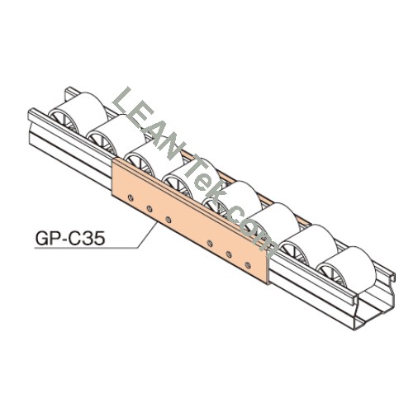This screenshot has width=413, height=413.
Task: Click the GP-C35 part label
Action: point(70,238)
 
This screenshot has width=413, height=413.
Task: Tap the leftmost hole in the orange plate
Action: point(131,197)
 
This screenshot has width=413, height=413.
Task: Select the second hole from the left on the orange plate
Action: point(150,208)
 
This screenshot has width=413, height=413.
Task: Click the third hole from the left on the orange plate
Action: point(169,220)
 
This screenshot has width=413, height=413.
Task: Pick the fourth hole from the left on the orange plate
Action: point(210,243)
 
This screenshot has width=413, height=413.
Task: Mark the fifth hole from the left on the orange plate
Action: point(229,254)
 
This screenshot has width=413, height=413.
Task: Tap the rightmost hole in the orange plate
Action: point(248,265)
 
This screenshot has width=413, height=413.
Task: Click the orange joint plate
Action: point(190,221)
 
